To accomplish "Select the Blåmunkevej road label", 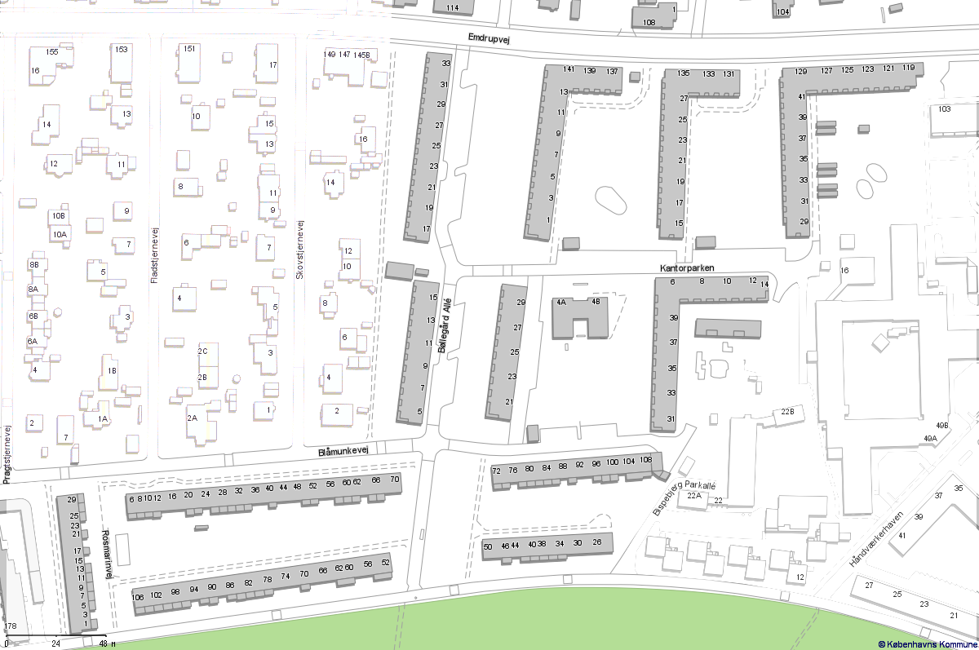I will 343,450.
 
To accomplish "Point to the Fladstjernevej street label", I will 154,254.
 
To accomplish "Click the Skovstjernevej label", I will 300,250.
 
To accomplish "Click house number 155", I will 52,52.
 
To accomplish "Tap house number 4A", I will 561,302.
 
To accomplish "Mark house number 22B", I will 787,412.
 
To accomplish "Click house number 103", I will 945,109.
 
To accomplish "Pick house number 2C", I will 203,351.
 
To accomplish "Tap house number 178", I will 10,626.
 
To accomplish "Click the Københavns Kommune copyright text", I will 928,644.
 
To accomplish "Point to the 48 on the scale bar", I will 103,643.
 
